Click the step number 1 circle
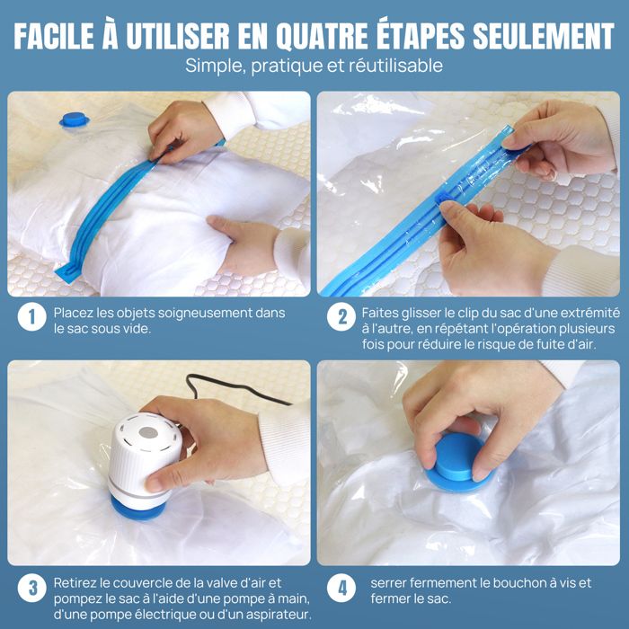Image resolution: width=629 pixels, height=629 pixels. [31, 317]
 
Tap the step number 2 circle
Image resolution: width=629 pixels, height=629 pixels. [341, 317]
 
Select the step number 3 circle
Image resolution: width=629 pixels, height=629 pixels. [31, 588]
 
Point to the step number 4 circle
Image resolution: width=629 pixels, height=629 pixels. [341, 588]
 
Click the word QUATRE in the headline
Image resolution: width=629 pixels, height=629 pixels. [322, 36]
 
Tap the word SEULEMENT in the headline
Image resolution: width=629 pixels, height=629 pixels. [544, 36]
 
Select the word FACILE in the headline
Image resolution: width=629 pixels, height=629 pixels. [54, 36]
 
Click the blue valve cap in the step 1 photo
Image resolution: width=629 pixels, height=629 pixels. [75, 120]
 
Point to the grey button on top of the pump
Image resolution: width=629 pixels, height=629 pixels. [148, 432]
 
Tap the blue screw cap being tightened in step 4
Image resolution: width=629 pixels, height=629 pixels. [456, 461]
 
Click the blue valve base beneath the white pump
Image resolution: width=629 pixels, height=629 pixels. [138, 509]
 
